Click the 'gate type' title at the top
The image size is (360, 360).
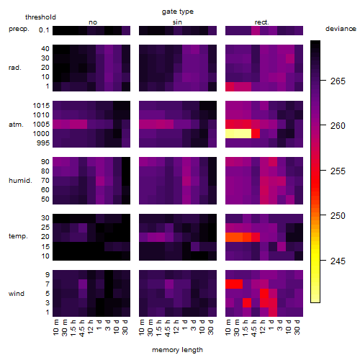pos(178,12)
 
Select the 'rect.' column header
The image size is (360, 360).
pos(262,22)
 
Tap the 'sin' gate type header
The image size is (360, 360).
pos(177,22)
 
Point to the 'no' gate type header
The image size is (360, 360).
pos(93,22)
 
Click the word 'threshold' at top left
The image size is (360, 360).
pos(40,17)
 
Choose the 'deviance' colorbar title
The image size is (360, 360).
pos(341,29)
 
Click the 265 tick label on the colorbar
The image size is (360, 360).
pos(338,81)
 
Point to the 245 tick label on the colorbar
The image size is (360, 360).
pos(338,261)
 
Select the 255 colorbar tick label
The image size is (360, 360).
pos(338,171)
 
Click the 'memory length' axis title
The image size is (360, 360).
pos(177,350)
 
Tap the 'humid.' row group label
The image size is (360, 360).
pos(20,181)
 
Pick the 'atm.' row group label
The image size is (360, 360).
pos(16,125)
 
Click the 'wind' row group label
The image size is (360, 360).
pos(17,294)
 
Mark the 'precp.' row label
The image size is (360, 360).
pos(19,29)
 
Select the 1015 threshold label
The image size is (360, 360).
pos(41,105)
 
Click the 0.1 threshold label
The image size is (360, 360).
pos(44,30)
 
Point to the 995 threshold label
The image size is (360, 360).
pos(43,143)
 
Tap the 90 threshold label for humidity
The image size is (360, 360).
pos(45,161)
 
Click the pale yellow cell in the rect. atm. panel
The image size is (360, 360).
pos(238,134)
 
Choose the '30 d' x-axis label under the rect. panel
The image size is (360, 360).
pos(297,327)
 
